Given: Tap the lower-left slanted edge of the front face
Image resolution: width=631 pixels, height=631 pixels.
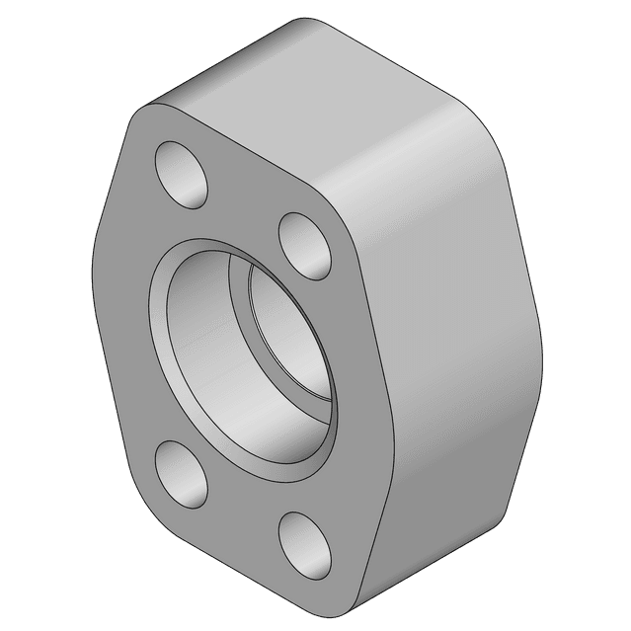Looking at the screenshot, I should coord(114,395).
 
